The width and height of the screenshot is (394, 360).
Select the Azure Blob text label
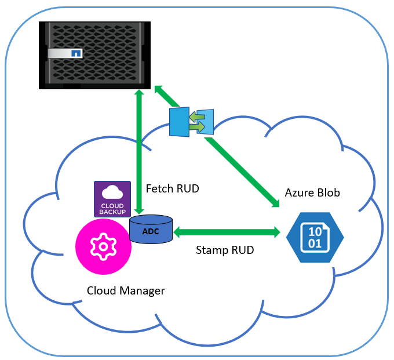tap(312, 192)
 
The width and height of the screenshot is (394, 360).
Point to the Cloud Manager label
tap(126, 290)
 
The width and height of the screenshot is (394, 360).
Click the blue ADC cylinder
tap(151, 230)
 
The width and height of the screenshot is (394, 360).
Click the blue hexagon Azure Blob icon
tap(315, 236)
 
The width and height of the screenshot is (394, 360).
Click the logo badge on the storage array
tap(75, 53)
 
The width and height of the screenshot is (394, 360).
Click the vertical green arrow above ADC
tap(138, 151)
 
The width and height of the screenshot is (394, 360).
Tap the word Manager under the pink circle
tap(145, 290)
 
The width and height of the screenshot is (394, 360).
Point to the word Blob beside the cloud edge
tap(328, 192)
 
